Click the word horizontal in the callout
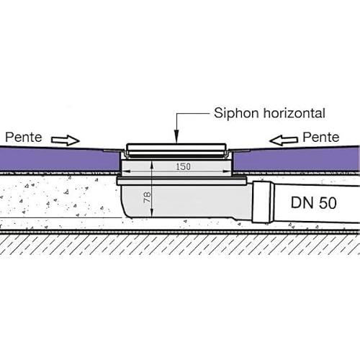294,113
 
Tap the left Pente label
24,138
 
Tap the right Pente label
321,138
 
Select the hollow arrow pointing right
66,140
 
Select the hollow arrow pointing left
284,140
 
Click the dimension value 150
184,166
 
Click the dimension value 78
147,197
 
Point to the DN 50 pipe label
314,203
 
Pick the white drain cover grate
176,150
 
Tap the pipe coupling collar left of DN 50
264,202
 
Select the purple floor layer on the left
60,159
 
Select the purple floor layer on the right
297,159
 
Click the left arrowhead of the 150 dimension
126,171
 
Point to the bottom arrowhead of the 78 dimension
152,213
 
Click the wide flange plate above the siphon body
182,181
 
